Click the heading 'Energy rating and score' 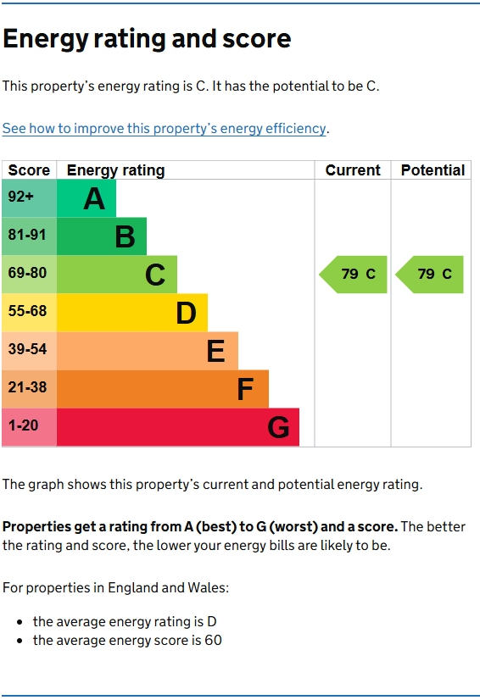(147, 39)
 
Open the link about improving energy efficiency (164, 129)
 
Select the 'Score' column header (29, 170)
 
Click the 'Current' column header (353, 170)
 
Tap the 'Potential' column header (433, 170)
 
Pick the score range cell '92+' (21, 197)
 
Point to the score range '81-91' (27, 236)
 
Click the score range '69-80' (27, 274)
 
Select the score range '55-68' (27, 312)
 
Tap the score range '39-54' (27, 350)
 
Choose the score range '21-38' (27, 388)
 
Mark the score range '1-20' (23, 426)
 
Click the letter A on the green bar (94, 199)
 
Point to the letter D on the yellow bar (186, 314)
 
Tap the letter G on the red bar (278, 428)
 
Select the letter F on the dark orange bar (245, 390)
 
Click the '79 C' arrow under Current (354, 275)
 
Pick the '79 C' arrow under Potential (431, 275)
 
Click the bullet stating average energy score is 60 (127, 641)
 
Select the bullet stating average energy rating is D (125, 621)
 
